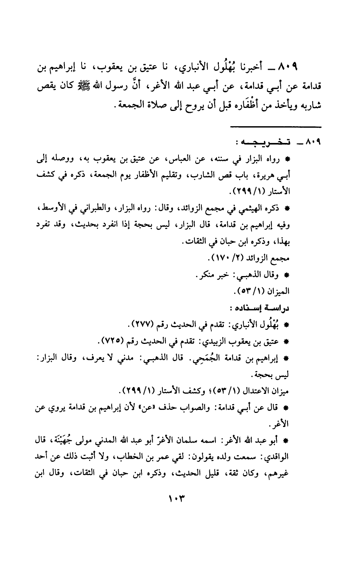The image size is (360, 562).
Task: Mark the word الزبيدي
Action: coord(228,340)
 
